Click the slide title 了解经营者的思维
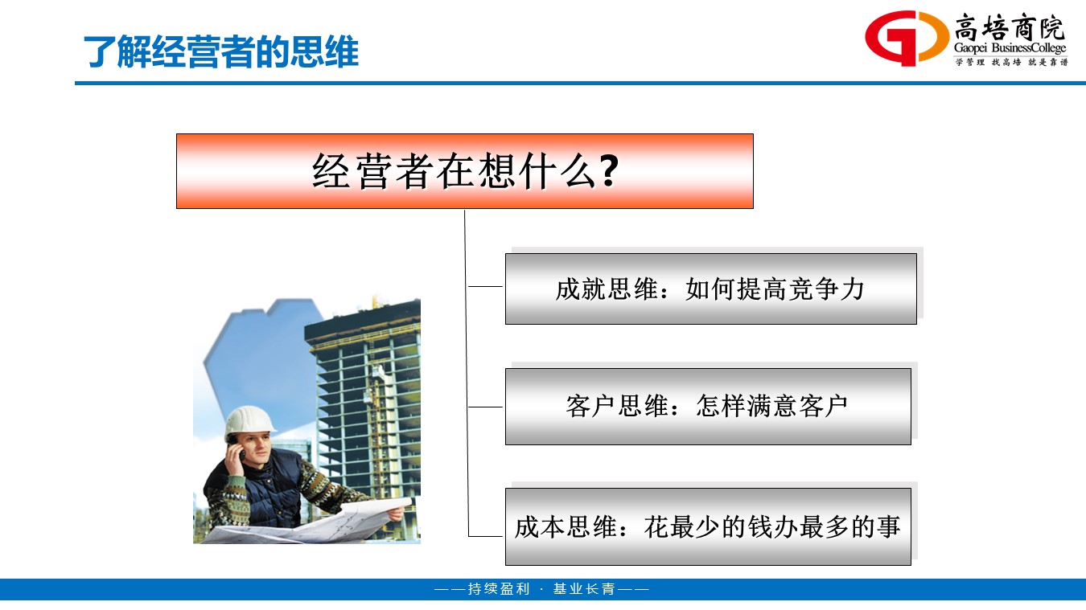(x=221, y=51)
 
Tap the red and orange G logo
(x=906, y=38)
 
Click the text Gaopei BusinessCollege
(x=1010, y=48)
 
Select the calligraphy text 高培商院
(x=1010, y=27)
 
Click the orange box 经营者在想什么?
(x=464, y=171)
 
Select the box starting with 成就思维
(x=711, y=289)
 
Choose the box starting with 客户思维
(x=708, y=406)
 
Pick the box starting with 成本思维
(x=708, y=526)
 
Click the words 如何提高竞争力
(x=775, y=289)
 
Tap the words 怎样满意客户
(x=772, y=406)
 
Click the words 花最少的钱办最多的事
(x=771, y=526)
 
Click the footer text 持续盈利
(x=499, y=589)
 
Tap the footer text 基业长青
(x=584, y=589)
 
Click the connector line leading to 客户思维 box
(x=485, y=407)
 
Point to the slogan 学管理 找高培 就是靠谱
(x=1011, y=62)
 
